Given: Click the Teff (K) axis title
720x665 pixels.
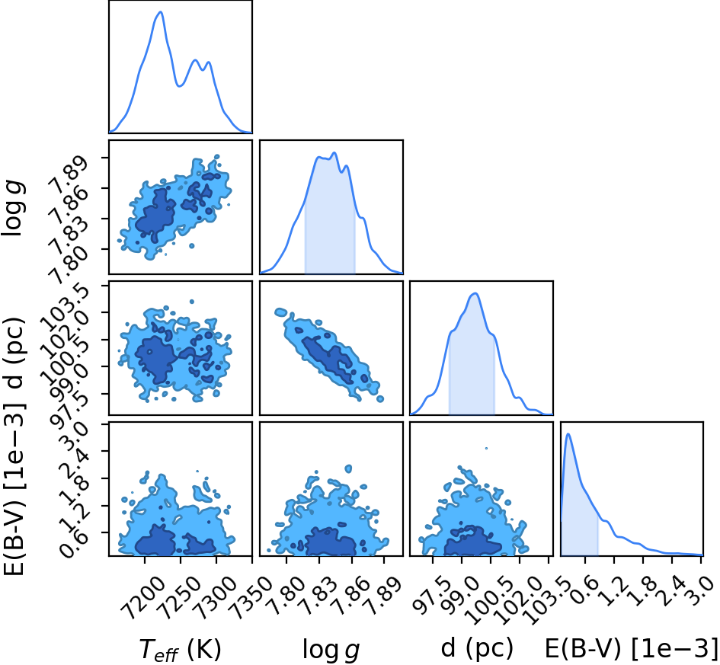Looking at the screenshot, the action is [x=181, y=650].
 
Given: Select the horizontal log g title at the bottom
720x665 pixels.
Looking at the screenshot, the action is [x=331, y=650].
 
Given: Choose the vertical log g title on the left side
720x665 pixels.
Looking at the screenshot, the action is [x=14, y=209].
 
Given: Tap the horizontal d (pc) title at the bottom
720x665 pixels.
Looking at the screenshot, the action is [x=477, y=648].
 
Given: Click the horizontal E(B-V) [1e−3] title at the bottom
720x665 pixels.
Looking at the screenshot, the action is [x=632, y=648].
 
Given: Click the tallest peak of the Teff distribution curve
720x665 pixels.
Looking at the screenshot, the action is [x=161, y=12].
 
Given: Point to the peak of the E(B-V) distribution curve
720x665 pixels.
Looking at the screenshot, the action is [x=568, y=433].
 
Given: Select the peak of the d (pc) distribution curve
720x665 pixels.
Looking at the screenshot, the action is [x=475, y=293].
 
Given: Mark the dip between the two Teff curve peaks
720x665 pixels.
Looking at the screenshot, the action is [x=180, y=86].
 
